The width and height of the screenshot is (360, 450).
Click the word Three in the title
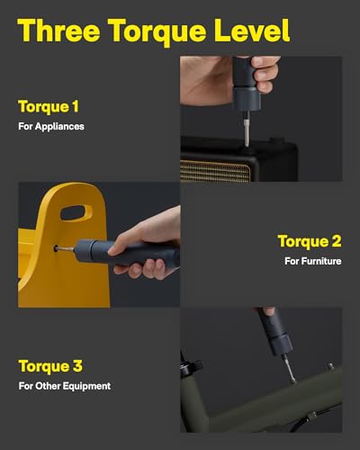coord(58,31)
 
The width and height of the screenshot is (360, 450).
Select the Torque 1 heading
coord(49,107)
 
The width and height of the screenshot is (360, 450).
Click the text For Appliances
coord(51,126)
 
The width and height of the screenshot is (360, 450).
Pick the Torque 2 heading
coord(310,241)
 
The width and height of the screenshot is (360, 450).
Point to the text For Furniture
coord(313,261)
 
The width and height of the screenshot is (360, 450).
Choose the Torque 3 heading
coord(50,366)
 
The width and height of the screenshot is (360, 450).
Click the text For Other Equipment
coord(65,386)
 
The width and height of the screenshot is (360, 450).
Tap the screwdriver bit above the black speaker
coord(247,129)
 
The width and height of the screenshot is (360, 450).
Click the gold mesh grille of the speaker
coord(215,171)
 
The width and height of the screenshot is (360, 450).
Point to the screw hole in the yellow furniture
coord(56,248)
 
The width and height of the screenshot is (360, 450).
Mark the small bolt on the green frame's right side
coord(330,366)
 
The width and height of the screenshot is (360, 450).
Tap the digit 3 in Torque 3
coord(77,366)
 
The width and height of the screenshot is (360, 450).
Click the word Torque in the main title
coord(157,32)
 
